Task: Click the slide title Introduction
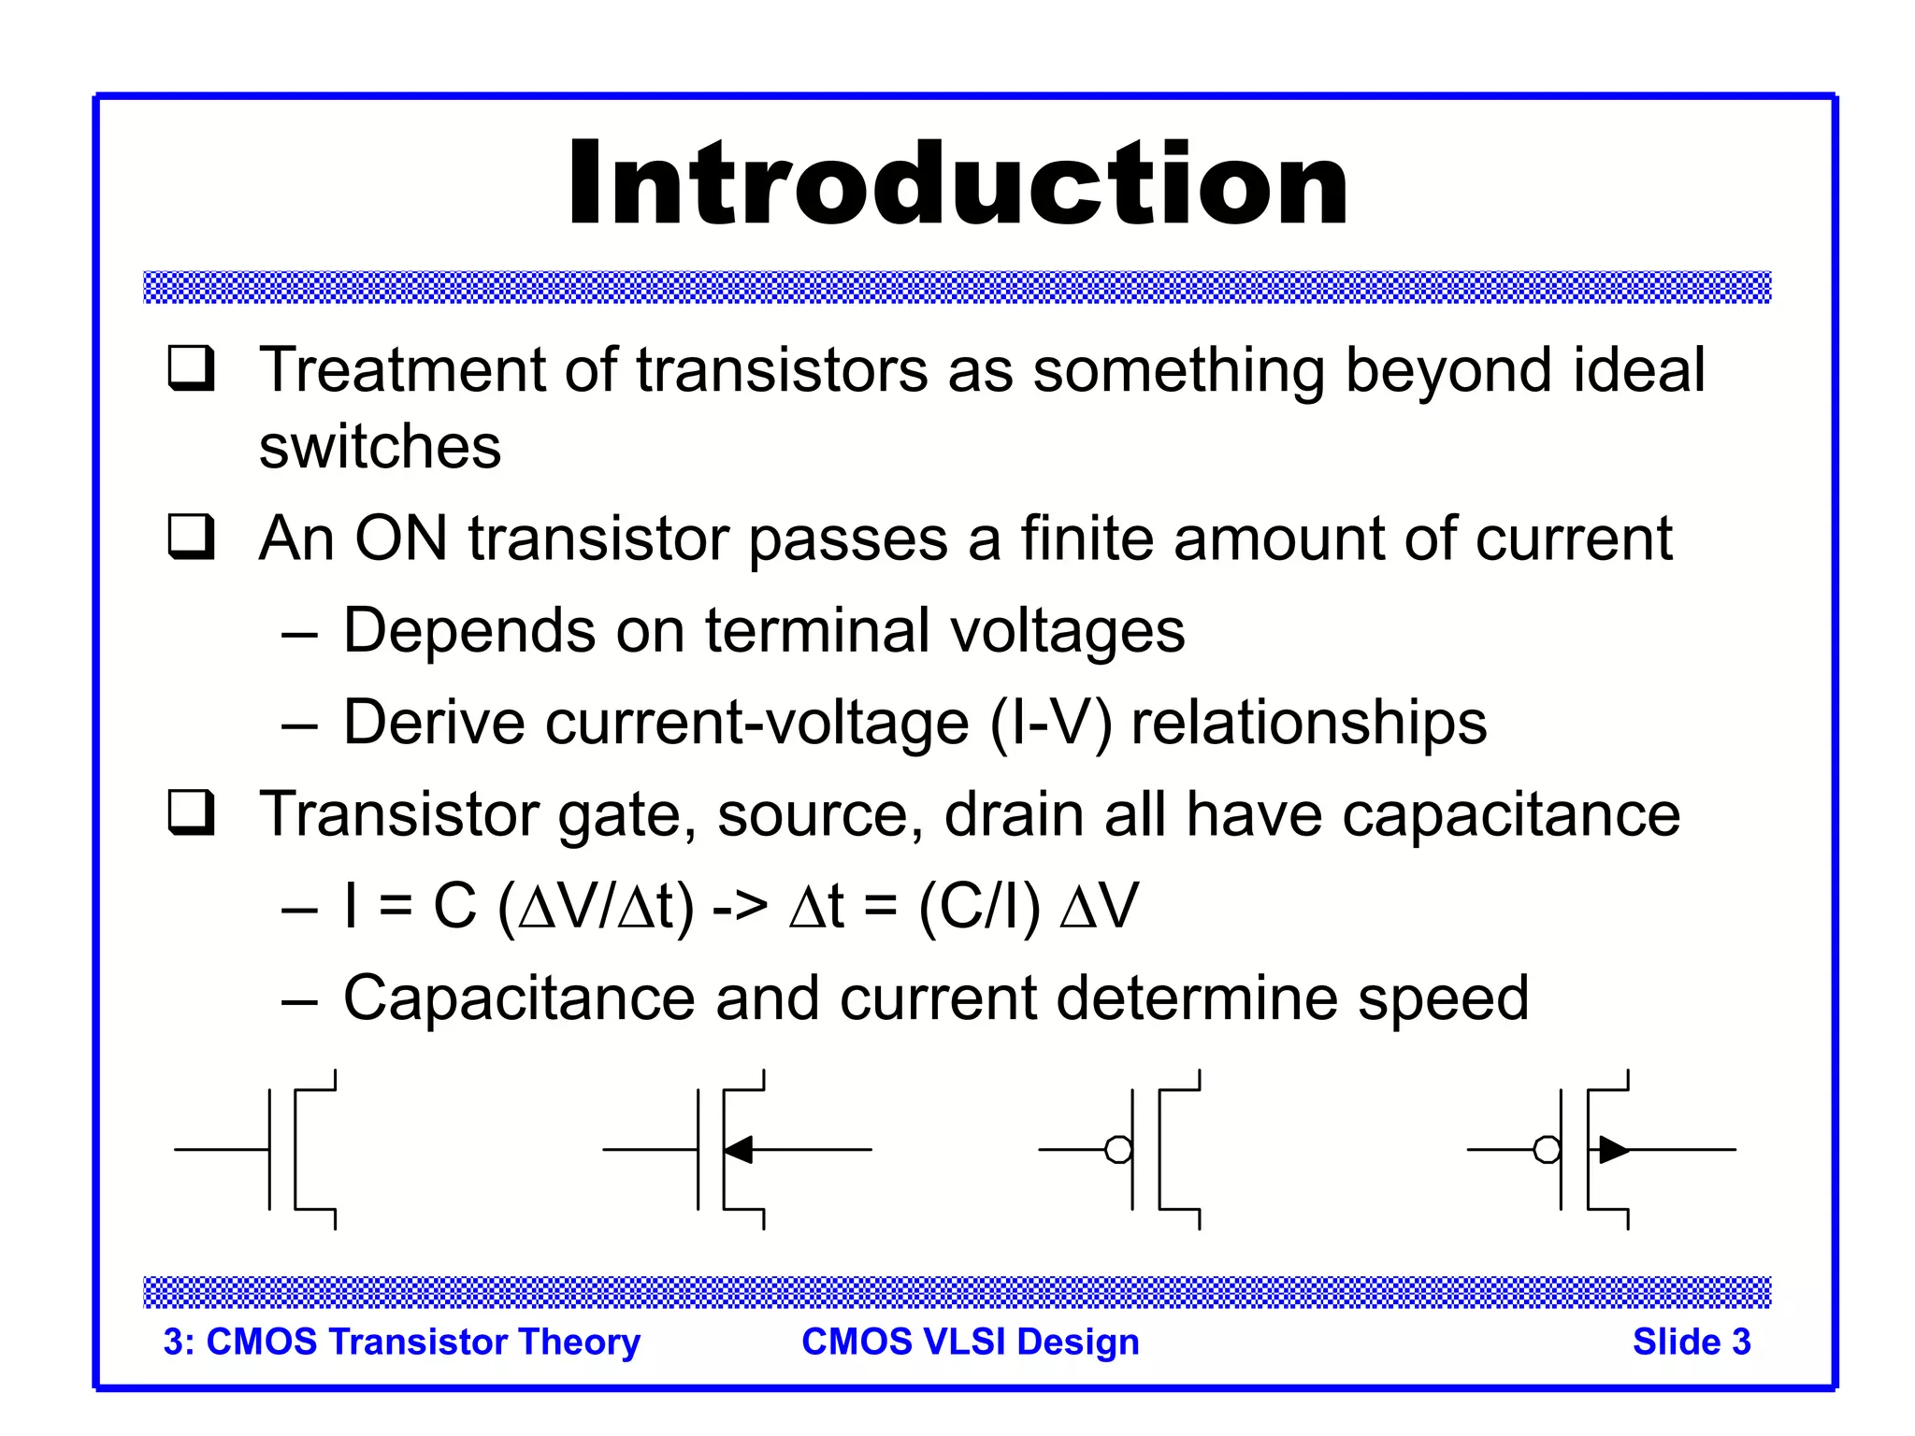click(x=957, y=183)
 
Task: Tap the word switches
click(x=380, y=447)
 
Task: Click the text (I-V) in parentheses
click(x=1051, y=724)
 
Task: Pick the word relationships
click(x=1308, y=724)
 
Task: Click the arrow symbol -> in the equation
click(x=740, y=907)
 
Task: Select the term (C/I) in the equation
click(x=979, y=907)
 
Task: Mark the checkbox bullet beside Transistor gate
click(x=192, y=812)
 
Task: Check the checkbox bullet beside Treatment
click(x=192, y=368)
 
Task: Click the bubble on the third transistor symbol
click(x=1118, y=1149)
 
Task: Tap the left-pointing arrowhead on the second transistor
click(x=739, y=1149)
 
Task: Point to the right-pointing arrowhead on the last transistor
click(x=1613, y=1149)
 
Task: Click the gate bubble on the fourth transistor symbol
click(x=1547, y=1149)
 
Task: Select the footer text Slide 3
click(x=1691, y=1343)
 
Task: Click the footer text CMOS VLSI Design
click(x=971, y=1343)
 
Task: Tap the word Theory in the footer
click(x=580, y=1343)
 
